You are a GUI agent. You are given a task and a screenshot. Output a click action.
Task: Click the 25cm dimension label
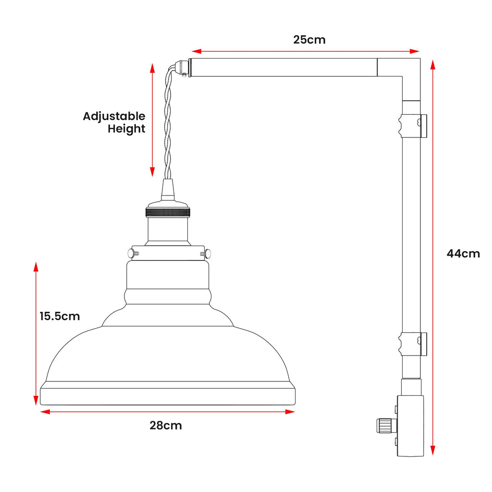(x=309, y=40)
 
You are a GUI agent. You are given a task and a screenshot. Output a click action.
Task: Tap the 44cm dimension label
(x=463, y=254)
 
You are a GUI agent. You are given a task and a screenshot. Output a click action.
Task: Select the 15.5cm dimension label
(x=60, y=316)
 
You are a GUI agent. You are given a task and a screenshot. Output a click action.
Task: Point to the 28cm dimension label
(x=166, y=425)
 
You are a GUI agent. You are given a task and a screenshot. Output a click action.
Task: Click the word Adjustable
(x=114, y=116)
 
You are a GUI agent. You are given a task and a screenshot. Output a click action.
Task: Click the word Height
(x=126, y=129)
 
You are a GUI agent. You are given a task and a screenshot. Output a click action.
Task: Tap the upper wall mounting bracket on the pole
(x=411, y=126)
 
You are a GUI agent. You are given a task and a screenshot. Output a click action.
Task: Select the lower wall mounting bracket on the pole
(x=411, y=344)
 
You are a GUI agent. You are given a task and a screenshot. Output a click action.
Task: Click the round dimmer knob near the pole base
(x=384, y=425)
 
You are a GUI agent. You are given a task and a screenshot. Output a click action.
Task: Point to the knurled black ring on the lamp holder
(x=168, y=212)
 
